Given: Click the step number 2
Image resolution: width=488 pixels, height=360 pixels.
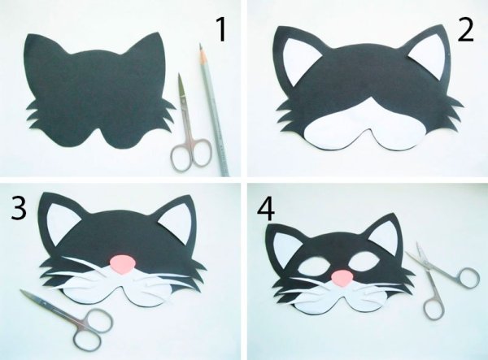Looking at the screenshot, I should point(464,30).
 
